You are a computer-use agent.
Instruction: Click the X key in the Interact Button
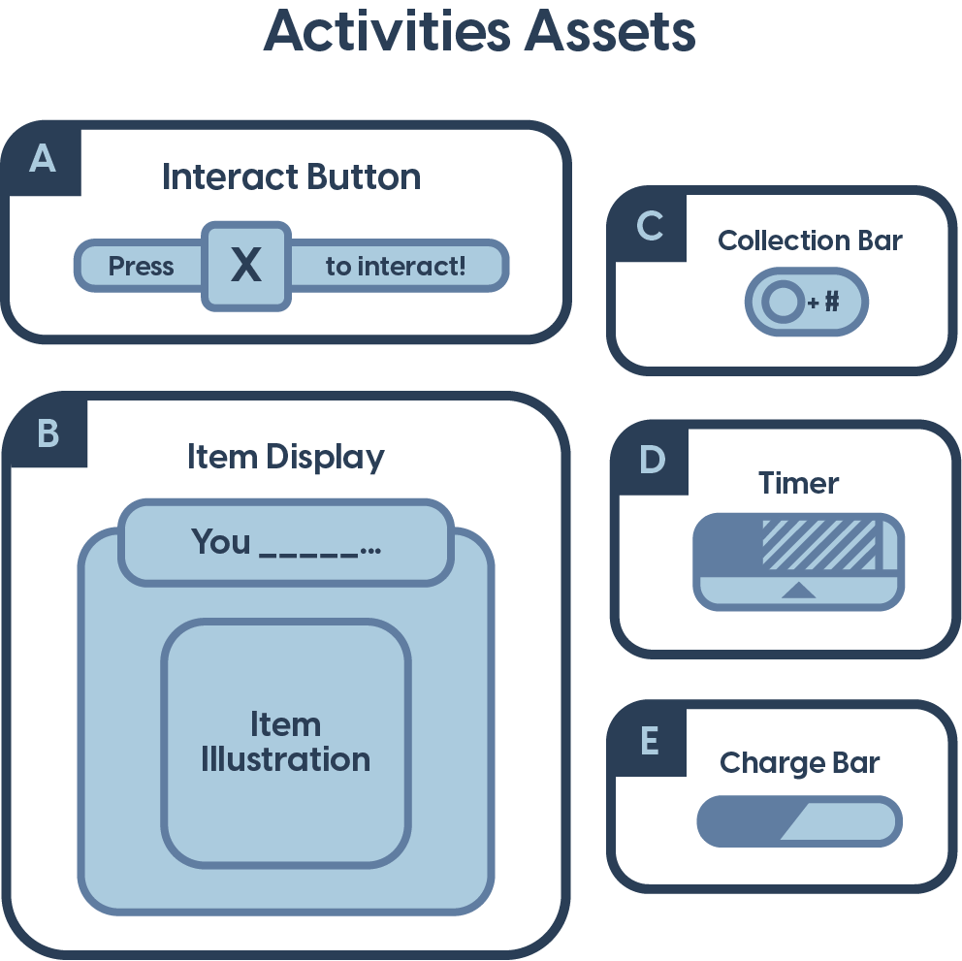[246, 266]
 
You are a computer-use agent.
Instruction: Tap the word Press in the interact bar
[141, 267]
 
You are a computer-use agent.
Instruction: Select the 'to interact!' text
[396, 267]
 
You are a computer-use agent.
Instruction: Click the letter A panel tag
[43, 158]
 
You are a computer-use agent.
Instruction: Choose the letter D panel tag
[652, 460]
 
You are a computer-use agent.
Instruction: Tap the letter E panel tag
[650, 741]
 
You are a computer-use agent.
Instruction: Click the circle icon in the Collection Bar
[781, 304]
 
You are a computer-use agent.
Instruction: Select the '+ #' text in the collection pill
[823, 304]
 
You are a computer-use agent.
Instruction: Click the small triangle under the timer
[798, 590]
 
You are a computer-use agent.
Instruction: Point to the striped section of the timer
[819, 545]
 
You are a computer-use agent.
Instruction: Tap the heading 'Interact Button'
[291, 177]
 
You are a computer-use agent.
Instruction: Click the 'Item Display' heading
[285, 457]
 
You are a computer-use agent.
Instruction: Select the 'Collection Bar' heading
[810, 240]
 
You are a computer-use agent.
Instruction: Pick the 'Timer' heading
[798, 483]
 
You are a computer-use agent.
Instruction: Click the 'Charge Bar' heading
[799, 763]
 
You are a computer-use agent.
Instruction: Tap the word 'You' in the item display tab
[221, 541]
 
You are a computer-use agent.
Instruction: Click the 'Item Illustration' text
[285, 742]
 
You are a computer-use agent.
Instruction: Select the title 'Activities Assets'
[479, 32]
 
